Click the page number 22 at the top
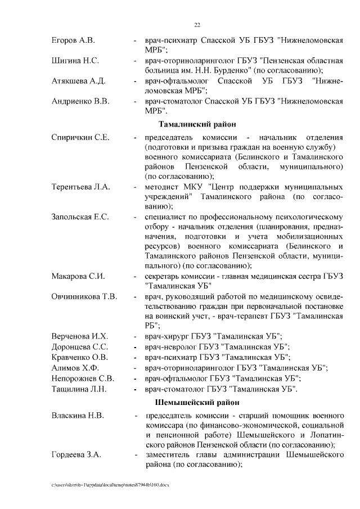(197, 25)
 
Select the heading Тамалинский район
(197, 124)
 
